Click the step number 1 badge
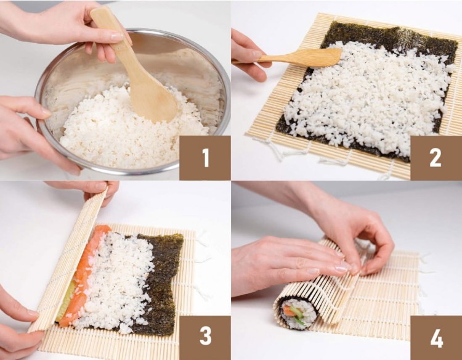pos(205,158)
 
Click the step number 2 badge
pos(436,158)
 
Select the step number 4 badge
pos(436,337)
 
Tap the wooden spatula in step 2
pos(308,58)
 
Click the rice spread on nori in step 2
pos(363,99)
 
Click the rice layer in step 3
pos(120,277)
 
